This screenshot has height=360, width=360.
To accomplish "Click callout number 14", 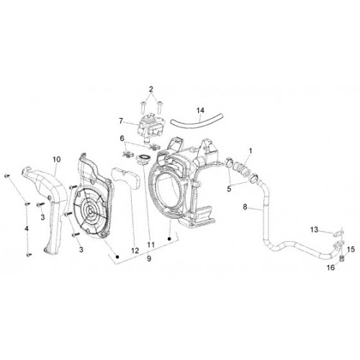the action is [x=200, y=110].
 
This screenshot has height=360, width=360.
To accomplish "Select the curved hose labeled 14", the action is [x=197, y=120].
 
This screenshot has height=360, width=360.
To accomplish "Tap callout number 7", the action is [x=121, y=121].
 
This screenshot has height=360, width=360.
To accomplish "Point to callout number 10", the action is [x=57, y=159].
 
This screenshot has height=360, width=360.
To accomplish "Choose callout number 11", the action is [x=150, y=245].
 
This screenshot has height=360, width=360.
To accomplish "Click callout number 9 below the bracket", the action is [x=149, y=258].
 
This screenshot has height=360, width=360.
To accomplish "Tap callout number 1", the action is [x=251, y=151].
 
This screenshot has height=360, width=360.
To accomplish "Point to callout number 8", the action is [x=245, y=207].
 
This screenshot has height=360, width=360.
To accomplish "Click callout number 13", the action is [x=314, y=230].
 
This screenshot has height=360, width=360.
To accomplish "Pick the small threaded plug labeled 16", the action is [x=341, y=259].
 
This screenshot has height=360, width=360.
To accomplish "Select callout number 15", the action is [x=351, y=249].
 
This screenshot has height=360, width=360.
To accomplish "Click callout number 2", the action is [x=150, y=89].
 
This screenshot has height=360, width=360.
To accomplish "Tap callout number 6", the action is [x=122, y=138].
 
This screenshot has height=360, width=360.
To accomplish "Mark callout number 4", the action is [x=27, y=228].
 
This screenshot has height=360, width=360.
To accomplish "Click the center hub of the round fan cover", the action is [x=89, y=211].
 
